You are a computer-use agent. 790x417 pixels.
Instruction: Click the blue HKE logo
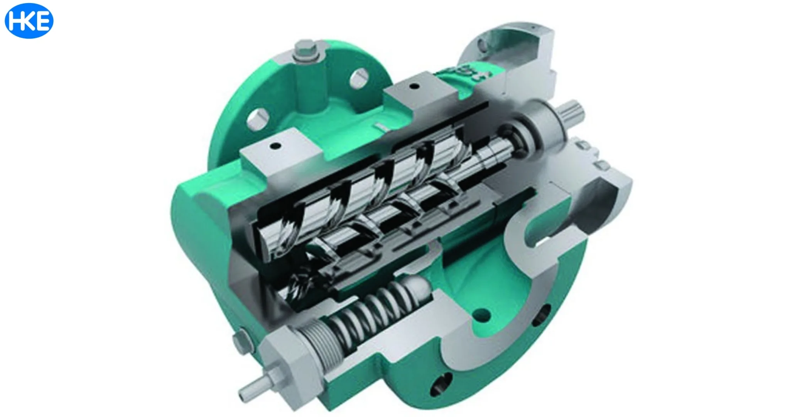(29, 21)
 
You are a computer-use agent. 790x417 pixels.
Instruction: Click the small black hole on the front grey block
(275, 146)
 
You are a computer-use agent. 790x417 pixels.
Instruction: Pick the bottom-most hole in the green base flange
(440, 384)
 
